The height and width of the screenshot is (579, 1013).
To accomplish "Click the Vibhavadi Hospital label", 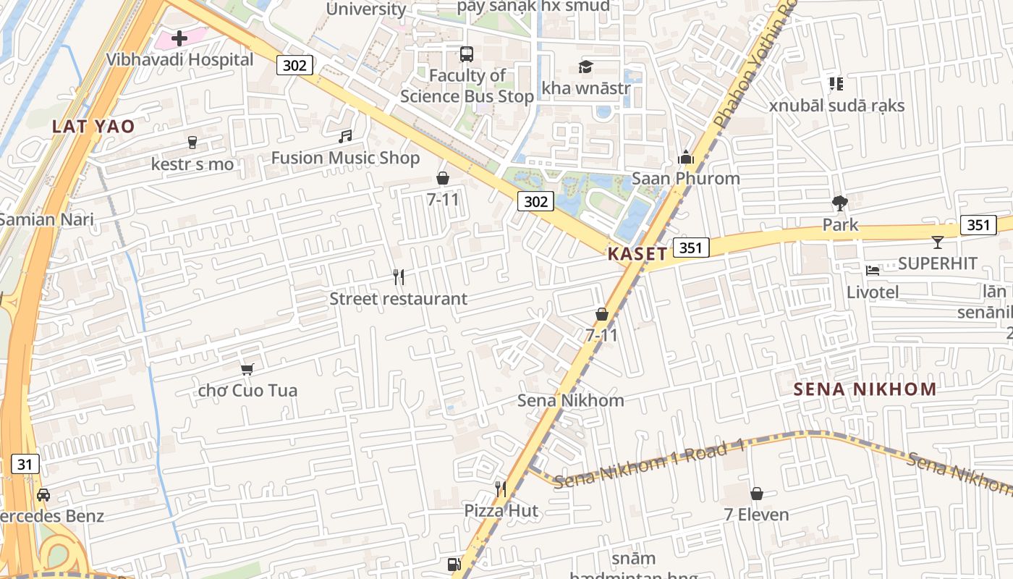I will click(x=180, y=59).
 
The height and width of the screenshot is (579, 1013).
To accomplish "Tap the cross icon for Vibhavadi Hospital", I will click(x=179, y=38).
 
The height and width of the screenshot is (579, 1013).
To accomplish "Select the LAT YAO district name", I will click(x=93, y=127).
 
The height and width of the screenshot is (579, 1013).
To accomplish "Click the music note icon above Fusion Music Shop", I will click(x=345, y=136).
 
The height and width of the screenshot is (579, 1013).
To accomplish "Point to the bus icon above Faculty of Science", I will click(x=467, y=54).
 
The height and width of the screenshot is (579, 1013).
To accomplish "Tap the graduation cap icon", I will click(x=585, y=67).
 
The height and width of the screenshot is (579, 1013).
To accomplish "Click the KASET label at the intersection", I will click(x=637, y=253).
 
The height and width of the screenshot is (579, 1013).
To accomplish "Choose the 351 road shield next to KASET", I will click(x=691, y=248).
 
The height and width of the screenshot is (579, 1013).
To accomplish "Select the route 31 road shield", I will click(x=25, y=464).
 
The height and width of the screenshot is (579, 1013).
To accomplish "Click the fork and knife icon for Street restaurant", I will click(x=398, y=276).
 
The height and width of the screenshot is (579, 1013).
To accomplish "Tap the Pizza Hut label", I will click(x=501, y=511).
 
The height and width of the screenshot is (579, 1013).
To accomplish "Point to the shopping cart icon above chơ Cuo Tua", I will click(x=247, y=369).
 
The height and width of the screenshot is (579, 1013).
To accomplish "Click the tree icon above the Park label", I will click(x=839, y=203).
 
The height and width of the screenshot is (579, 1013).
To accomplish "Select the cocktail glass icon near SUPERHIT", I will click(x=938, y=242).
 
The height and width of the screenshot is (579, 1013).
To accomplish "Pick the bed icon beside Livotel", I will click(x=873, y=271).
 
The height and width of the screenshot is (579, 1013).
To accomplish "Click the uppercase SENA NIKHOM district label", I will click(x=865, y=389).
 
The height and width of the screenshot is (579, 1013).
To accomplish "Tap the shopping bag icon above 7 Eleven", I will click(x=756, y=494).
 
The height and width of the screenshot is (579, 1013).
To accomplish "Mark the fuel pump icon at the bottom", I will click(x=454, y=565).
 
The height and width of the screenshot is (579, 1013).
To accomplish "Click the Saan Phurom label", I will click(x=685, y=178).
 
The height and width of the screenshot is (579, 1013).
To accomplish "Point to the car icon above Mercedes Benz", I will click(x=43, y=495).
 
